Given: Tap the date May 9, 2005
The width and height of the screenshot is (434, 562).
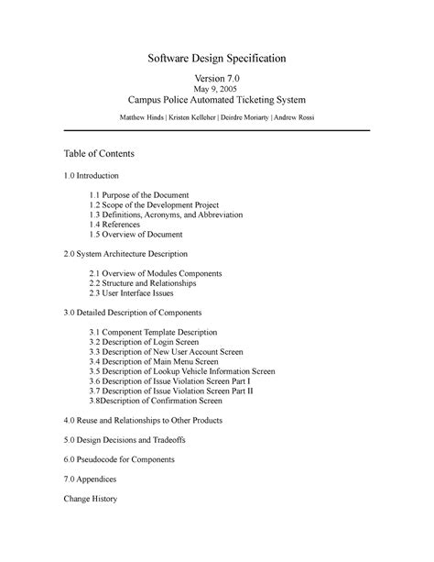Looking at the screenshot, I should point(217,97).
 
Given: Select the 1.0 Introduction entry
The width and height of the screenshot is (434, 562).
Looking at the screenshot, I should point(91,174).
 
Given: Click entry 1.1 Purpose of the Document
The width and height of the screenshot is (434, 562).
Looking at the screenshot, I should point(139,195).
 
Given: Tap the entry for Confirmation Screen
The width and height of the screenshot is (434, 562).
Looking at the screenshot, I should point(156,401).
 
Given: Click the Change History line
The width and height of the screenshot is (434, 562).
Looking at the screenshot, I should point(90,501).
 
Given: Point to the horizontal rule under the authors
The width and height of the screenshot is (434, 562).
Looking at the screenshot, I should point(217,131).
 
